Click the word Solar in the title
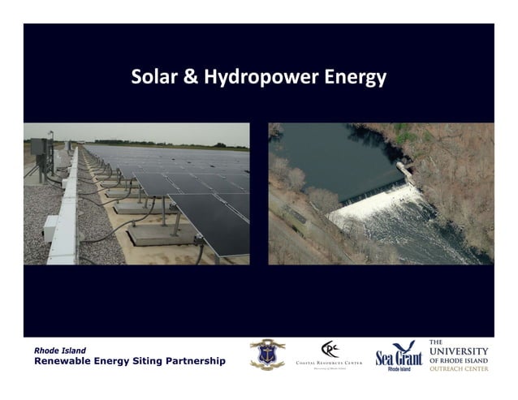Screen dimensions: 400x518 (154, 78)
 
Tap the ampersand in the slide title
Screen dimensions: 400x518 (191, 78)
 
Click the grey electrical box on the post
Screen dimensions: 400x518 (37, 149)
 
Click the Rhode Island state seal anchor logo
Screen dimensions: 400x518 (267, 353)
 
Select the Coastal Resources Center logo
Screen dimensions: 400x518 (329, 355)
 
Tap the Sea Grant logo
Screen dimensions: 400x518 (399, 355)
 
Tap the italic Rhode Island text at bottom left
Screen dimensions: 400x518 (59, 351)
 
